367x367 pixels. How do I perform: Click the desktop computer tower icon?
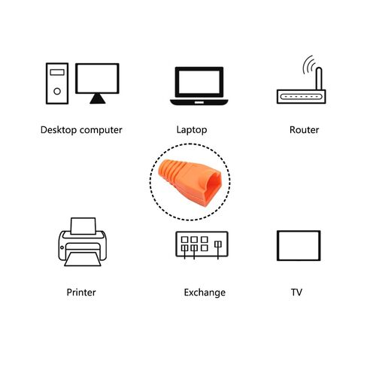point(57,83)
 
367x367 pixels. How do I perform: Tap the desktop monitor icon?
point(97,83)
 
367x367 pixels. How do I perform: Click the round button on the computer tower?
point(57,91)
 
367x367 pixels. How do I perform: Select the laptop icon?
point(199,86)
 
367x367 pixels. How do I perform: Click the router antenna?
point(319,79)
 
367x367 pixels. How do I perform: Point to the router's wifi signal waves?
point(308,65)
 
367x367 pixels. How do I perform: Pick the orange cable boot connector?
point(190,183)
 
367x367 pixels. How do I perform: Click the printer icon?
point(83,242)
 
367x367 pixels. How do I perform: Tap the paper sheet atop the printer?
point(83,226)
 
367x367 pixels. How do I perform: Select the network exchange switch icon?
point(202,245)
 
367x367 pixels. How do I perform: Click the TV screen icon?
point(299,246)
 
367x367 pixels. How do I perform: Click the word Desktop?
point(59,130)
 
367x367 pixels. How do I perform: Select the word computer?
point(101,131)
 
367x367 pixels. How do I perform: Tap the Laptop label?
point(192,130)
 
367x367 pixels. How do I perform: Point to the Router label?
point(304,130)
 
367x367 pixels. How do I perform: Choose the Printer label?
point(81,293)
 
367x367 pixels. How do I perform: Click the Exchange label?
point(205,293)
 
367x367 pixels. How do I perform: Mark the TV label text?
point(296,293)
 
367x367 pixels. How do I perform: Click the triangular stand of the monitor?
point(98,99)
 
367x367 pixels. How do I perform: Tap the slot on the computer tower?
point(57,72)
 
